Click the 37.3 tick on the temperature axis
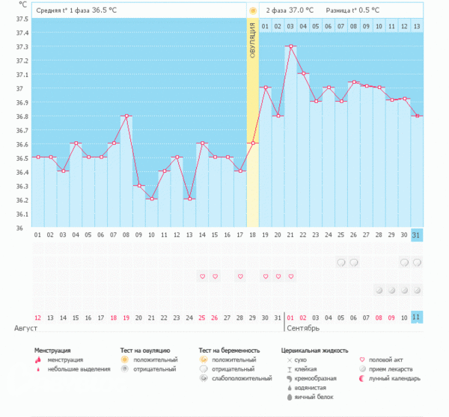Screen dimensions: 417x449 click(x=22, y=47)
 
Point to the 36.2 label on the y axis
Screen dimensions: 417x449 click(x=22, y=200)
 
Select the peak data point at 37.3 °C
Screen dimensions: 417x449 click(x=290, y=46)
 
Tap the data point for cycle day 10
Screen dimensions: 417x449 click(x=151, y=199)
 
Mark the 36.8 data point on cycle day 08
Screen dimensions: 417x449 click(x=126, y=116)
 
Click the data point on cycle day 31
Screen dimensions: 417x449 click(x=417, y=116)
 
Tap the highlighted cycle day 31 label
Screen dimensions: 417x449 click(x=417, y=235)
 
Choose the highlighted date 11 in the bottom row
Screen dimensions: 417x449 click(x=417, y=317)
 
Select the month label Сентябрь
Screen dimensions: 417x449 click(x=303, y=328)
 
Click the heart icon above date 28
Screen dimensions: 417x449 click(x=240, y=277)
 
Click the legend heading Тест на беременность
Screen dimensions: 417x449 click(x=229, y=350)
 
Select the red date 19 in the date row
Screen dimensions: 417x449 click(x=126, y=317)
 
